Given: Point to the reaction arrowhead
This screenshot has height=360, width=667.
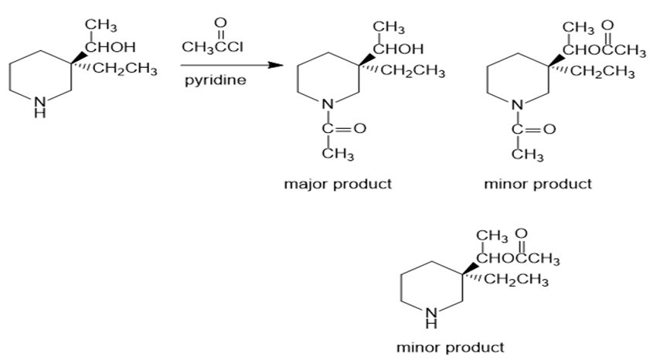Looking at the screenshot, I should (x=273, y=65).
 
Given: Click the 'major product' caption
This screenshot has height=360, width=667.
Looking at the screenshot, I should (x=339, y=184).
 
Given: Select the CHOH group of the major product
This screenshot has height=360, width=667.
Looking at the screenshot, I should (x=398, y=46).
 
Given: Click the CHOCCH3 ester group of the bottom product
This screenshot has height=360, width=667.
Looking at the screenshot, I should (x=519, y=258).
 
